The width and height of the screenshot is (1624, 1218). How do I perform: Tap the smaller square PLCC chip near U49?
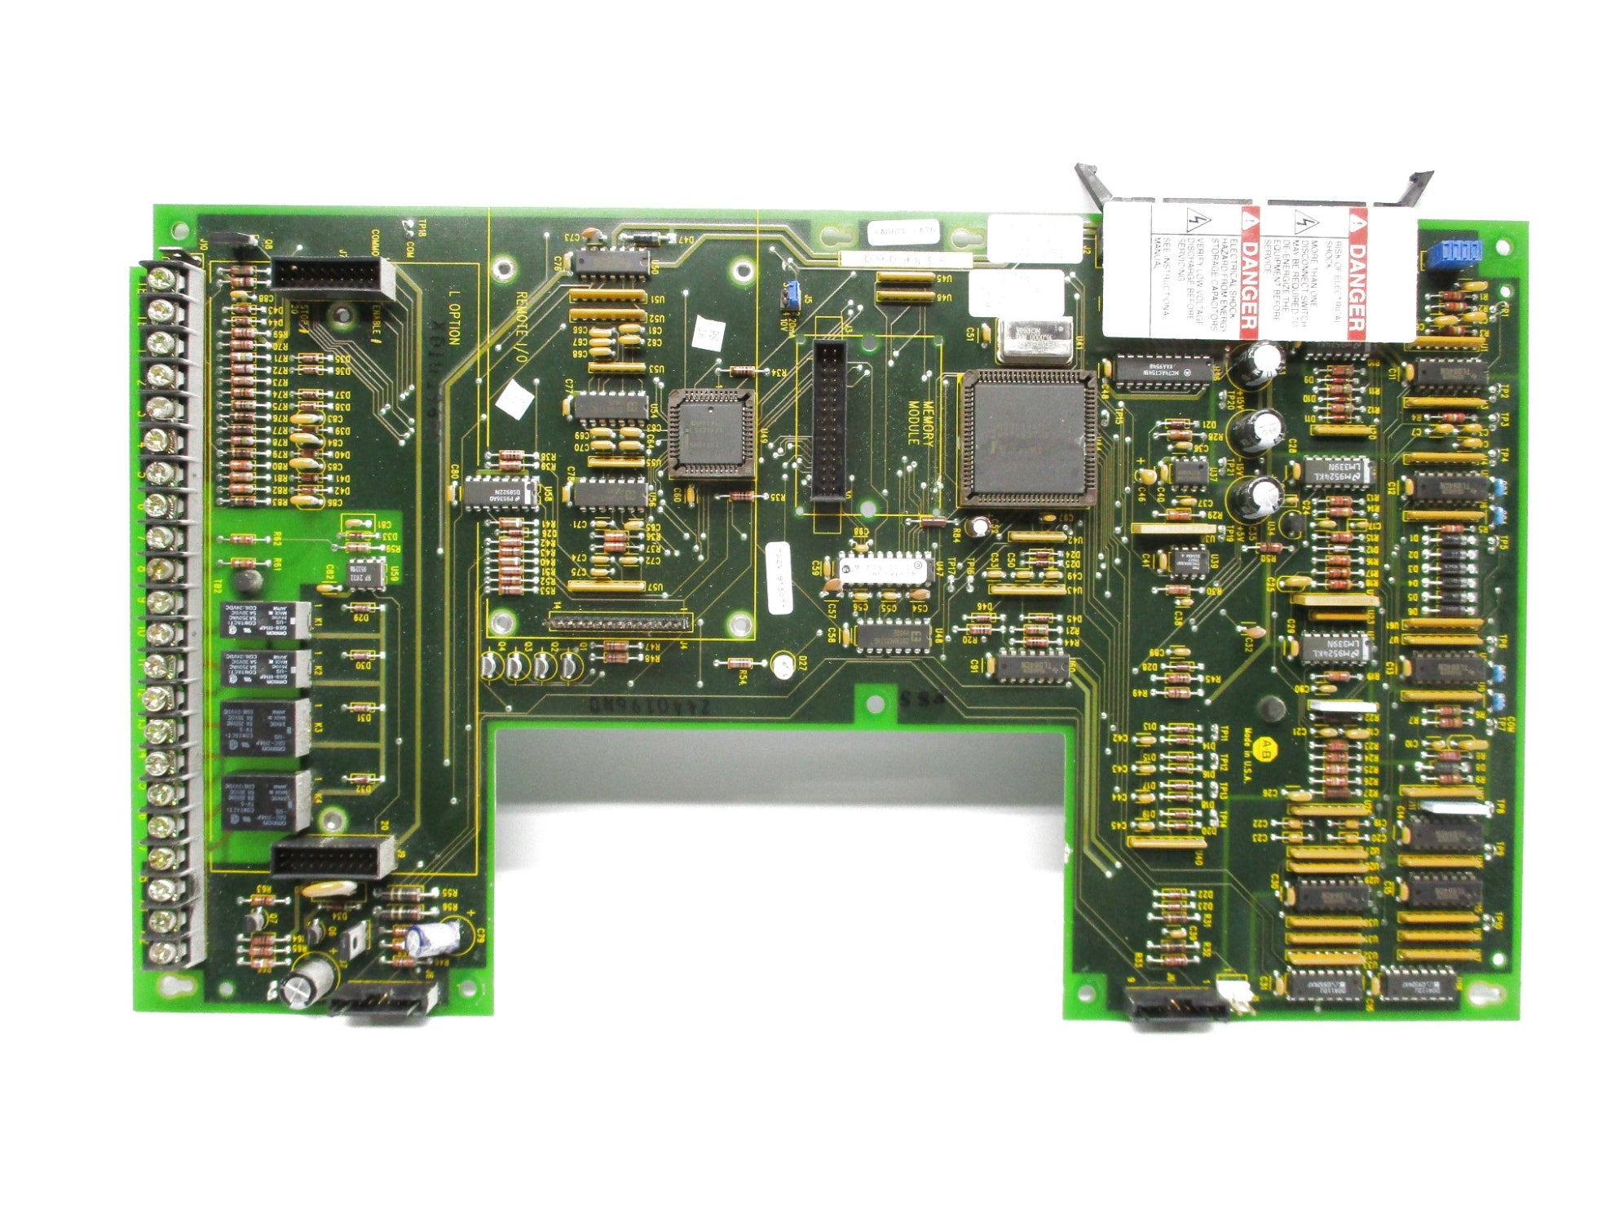pos(710,432)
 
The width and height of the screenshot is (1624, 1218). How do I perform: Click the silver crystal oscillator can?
pos(1034,339)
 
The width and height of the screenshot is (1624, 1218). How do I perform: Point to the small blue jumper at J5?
pos(788,296)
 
